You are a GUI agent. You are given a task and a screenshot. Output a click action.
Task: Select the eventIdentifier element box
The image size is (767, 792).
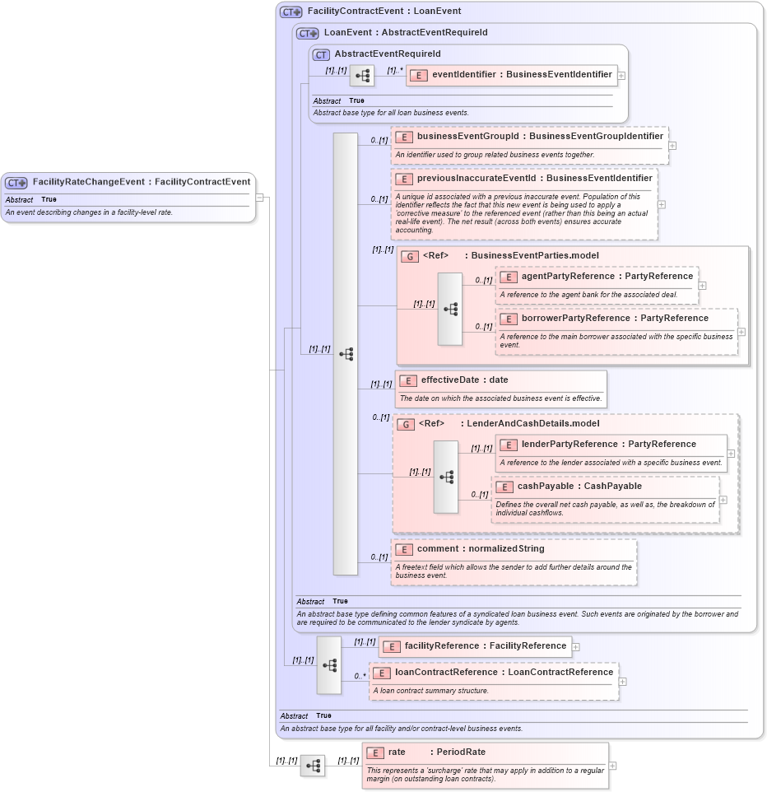(x=511, y=74)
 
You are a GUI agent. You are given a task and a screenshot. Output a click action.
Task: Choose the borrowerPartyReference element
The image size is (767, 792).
(x=615, y=318)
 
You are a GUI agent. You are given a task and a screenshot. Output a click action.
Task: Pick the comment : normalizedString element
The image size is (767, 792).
(x=480, y=548)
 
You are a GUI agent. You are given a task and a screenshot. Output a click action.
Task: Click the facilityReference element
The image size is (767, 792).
(x=474, y=646)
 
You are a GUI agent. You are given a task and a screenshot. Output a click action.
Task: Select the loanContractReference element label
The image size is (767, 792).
(x=504, y=672)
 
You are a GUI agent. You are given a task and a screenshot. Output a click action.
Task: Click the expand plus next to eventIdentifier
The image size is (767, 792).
(x=621, y=75)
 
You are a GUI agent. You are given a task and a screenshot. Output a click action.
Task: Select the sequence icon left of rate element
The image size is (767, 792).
(x=313, y=766)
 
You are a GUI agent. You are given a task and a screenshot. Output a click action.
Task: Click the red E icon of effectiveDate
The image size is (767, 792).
(x=407, y=380)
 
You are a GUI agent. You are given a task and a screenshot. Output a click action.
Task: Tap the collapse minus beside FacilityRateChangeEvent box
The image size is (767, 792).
(x=260, y=198)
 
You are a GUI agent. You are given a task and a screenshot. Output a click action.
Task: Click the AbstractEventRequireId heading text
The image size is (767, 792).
(x=387, y=54)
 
